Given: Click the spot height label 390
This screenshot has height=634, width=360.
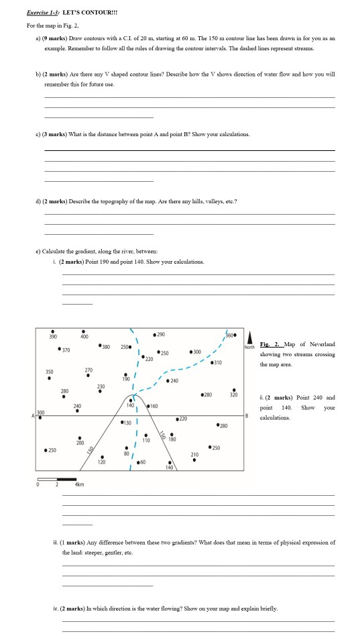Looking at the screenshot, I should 52,337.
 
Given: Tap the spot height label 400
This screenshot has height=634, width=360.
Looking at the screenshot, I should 84,337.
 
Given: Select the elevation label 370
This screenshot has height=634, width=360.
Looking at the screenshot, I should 66,350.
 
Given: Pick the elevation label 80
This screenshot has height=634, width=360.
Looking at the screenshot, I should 125,454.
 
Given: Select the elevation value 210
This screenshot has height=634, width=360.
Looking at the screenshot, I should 194,454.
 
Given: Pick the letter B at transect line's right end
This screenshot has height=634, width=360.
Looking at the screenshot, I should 247,397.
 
